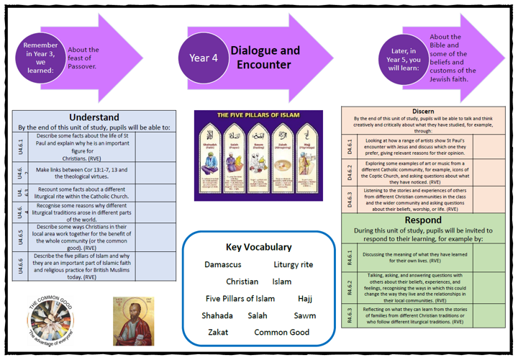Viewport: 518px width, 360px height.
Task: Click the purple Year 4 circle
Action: (204, 58)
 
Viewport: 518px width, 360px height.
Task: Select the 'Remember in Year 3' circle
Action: (42, 58)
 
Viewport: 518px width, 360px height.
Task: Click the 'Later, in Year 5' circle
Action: (403, 58)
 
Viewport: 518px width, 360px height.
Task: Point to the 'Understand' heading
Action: (94, 117)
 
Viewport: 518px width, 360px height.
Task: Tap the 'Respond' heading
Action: (428, 220)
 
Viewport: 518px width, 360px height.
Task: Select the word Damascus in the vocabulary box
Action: (223, 264)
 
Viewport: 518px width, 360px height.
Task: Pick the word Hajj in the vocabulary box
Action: (305, 298)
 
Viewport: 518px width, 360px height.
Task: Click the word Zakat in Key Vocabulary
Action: (218, 332)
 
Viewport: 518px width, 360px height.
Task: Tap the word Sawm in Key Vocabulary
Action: (305, 315)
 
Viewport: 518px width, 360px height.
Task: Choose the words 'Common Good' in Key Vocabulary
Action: (281, 332)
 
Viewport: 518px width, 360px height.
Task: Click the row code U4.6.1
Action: (21, 147)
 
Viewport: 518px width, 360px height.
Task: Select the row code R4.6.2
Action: (350, 287)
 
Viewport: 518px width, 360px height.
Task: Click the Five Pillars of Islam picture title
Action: (258, 115)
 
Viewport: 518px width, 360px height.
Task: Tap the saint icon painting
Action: (134, 321)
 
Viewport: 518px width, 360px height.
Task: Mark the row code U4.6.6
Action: (21, 266)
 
